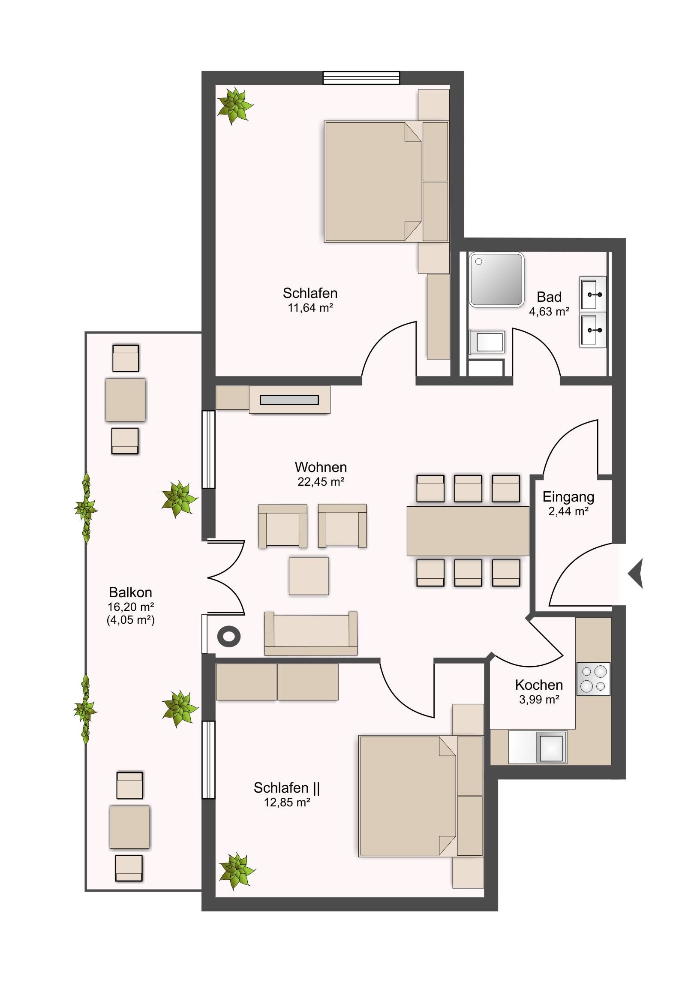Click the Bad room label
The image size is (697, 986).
[549, 297]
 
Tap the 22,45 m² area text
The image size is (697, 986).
[321, 482]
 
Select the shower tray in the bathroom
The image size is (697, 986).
[496, 279]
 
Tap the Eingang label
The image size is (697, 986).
[568, 497]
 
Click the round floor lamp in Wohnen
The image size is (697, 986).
[229, 636]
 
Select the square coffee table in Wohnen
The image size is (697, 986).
[309, 576]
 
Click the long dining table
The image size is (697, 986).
[468, 531]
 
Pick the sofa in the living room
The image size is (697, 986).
[310, 634]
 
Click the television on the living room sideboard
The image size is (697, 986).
[289, 400]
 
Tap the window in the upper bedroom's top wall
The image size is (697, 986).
[361, 78]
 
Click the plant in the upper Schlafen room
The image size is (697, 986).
[234, 105]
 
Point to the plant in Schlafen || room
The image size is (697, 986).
[237, 872]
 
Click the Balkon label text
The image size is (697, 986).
[130, 592]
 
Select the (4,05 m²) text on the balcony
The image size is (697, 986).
[131, 620]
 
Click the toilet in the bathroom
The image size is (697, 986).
[487, 341]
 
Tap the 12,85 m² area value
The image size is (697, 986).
[287, 802]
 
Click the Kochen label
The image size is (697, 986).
[539, 685]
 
